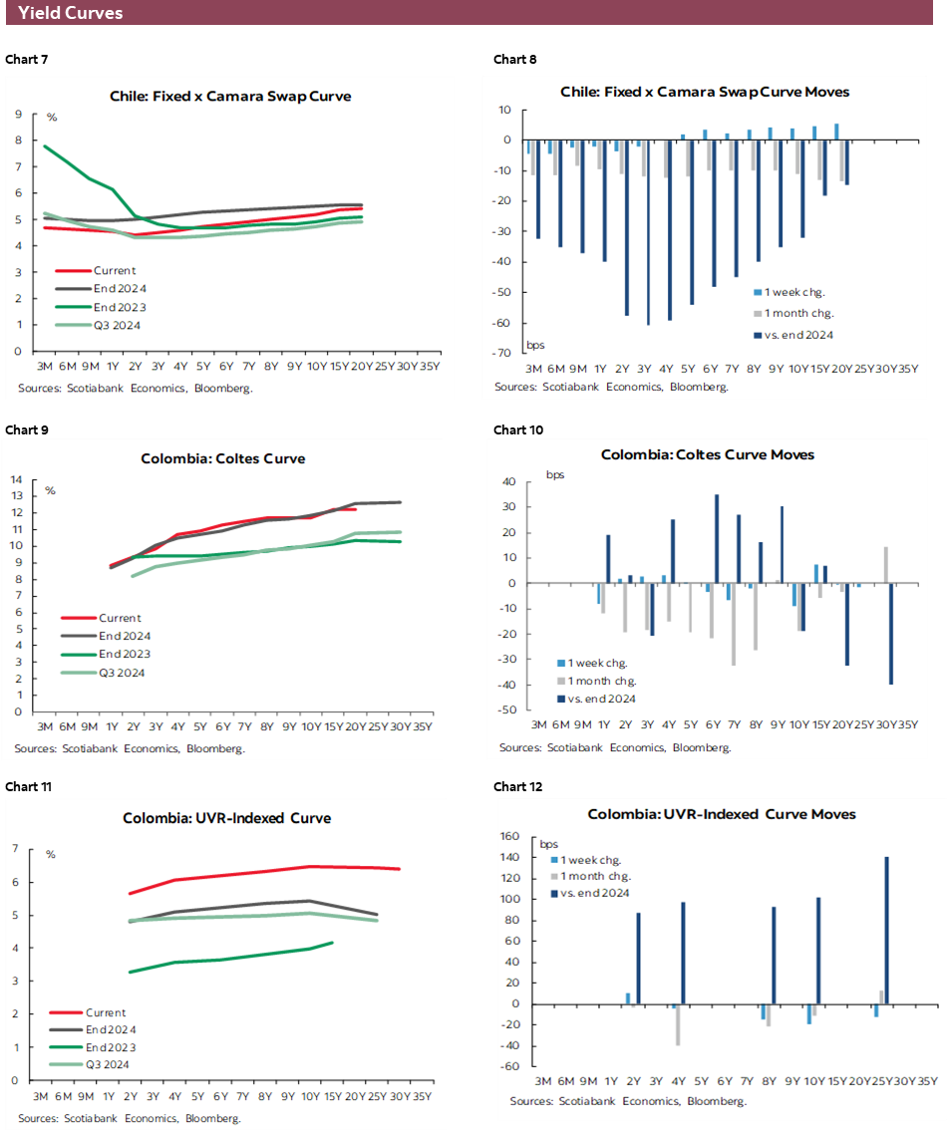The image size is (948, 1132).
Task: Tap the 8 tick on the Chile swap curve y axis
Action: tap(18, 141)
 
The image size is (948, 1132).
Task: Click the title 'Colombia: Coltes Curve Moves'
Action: tap(707, 454)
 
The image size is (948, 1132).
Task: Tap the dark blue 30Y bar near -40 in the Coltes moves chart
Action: tap(890, 634)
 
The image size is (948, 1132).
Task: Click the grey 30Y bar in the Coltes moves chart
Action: tap(885, 565)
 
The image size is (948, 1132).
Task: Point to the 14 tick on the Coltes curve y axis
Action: tap(17, 479)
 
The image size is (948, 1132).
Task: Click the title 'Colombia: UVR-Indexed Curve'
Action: tap(226, 818)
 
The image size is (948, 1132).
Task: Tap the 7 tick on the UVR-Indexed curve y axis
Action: tap(15, 849)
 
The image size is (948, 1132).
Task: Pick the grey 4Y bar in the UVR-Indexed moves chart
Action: tap(678, 1024)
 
